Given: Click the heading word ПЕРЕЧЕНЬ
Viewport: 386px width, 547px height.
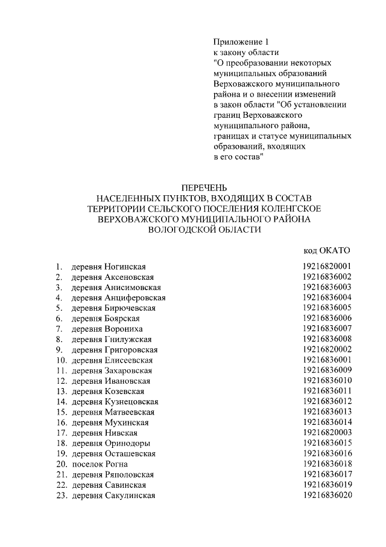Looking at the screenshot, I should (x=204, y=187).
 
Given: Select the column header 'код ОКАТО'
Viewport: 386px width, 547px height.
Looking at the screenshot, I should (x=326, y=250).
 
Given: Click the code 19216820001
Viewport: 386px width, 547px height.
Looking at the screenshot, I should (x=327, y=267).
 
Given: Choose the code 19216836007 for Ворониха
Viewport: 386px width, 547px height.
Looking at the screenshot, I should (x=327, y=329).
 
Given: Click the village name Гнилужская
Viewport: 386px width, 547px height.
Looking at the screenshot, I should (x=128, y=339).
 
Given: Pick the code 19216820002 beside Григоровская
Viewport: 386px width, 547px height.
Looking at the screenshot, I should (x=327, y=349).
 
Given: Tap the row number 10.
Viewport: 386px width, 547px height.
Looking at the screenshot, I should (x=61, y=360).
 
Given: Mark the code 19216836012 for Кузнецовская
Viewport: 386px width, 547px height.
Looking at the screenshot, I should (x=327, y=401).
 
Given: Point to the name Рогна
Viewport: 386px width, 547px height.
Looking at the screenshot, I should (x=116, y=464).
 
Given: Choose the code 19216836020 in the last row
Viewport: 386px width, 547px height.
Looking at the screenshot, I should (x=327, y=496).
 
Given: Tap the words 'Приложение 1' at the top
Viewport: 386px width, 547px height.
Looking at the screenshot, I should (x=239, y=42).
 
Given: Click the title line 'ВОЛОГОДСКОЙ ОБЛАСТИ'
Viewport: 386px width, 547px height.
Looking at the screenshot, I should (x=204, y=230).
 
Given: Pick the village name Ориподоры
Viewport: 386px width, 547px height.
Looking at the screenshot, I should (x=127, y=443).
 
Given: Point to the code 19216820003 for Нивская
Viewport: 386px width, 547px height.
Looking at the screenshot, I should (x=327, y=433).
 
